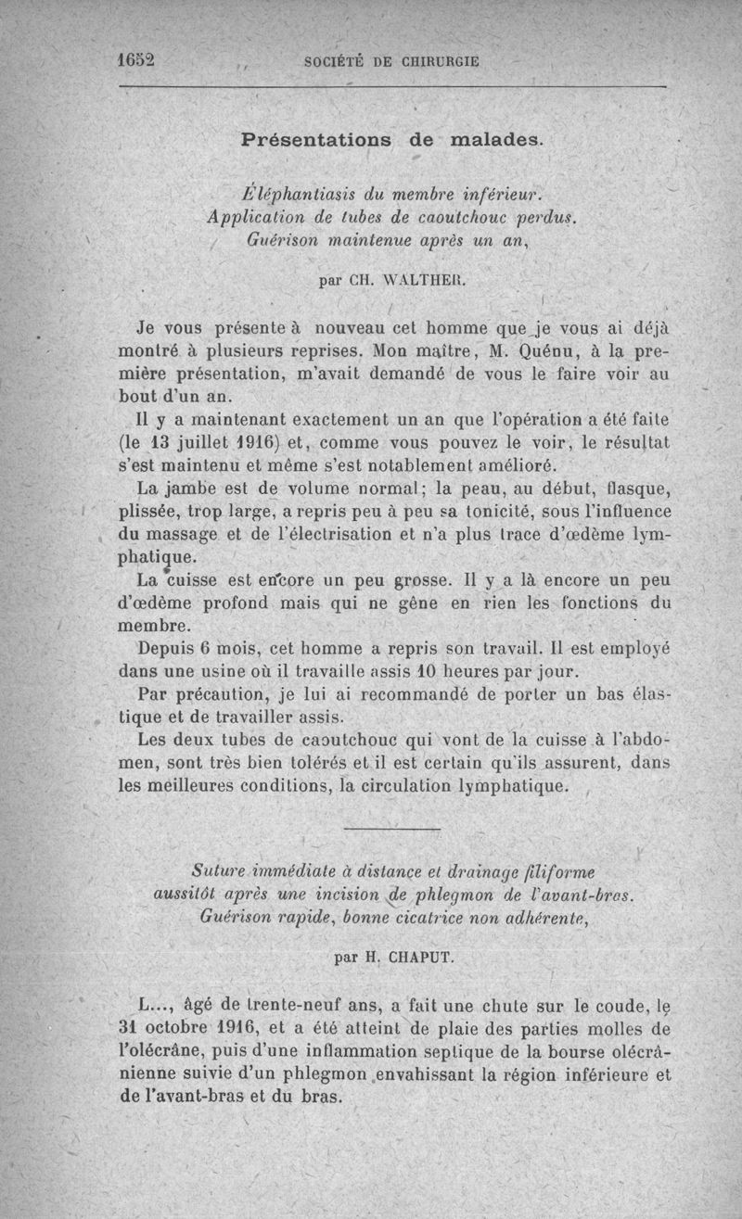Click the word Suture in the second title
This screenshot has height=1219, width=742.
pos(218,872)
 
